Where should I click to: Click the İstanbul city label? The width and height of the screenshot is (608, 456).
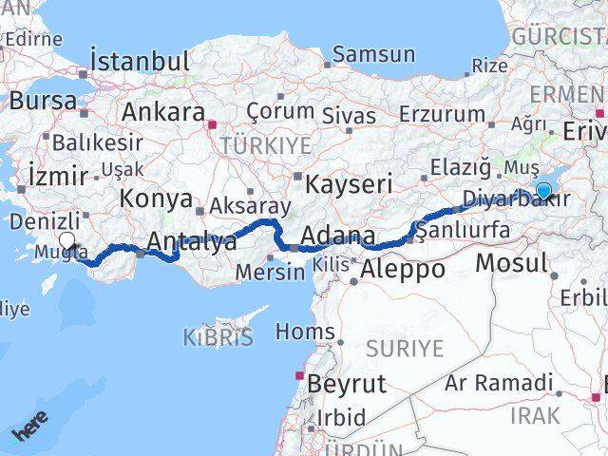coord(140,61)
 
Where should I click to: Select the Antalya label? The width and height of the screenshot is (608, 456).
coord(192,242)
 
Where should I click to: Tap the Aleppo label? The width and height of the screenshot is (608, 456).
coord(404,269)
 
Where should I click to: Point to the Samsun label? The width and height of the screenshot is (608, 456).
coord(374,54)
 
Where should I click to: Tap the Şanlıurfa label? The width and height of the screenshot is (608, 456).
coord(464,231)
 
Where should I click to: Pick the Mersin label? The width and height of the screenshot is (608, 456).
coord(271,272)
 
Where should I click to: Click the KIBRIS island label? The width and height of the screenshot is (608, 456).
coord(218,336)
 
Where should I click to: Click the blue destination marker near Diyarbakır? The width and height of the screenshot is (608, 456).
coord(544,190)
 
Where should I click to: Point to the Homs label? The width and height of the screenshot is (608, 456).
coord(304,332)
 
